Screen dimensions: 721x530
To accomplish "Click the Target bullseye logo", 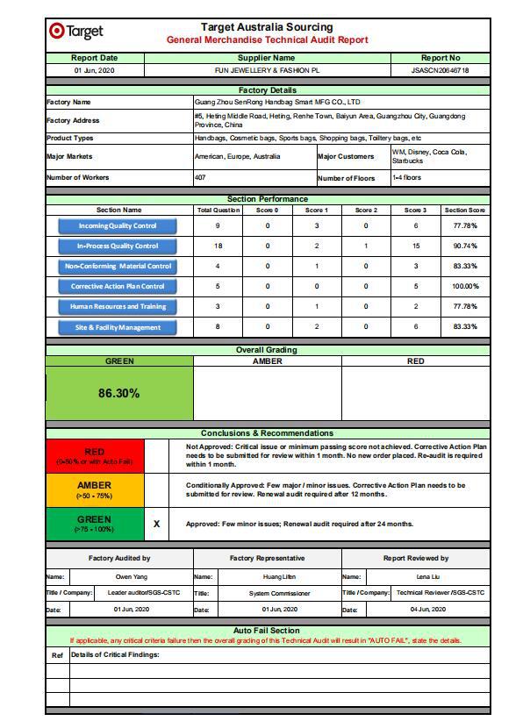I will coord(57,32).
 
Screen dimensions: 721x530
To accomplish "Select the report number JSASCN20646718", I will coord(440,70).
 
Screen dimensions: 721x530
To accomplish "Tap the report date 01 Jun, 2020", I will coord(94,70).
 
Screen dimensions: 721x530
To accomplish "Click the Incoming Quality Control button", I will coord(118,226).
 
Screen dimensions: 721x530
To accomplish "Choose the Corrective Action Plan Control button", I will coord(118,287).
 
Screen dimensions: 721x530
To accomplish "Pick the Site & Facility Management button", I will coord(118,327).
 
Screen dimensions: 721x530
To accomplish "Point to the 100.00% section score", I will coord(465,287).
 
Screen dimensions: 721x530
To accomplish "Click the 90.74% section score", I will coord(465,246).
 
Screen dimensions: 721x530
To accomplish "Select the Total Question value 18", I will coord(218,246).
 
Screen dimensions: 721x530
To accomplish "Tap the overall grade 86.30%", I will coord(118,393).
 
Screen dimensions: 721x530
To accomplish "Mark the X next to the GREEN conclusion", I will coord(157,524).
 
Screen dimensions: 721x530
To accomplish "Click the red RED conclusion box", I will coord(94,456).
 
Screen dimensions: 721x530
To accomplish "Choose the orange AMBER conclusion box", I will coord(94,489).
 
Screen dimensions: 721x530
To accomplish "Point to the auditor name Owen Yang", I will coord(132,577).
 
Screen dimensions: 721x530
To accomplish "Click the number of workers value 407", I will coord(200,178).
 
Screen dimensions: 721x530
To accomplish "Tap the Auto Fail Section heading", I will coord(267,631).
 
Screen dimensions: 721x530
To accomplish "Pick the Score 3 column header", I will coord(415,211).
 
